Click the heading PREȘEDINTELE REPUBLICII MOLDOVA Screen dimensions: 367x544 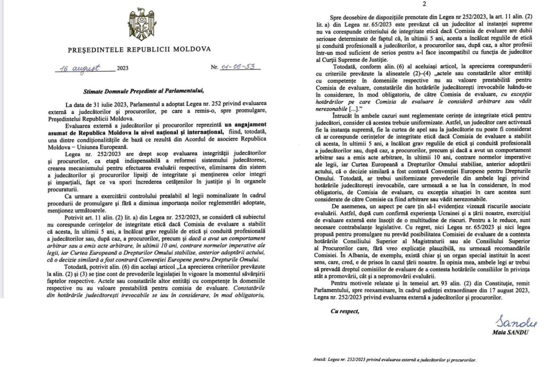tap(139, 49)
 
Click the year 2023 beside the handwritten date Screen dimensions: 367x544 tap(122, 68)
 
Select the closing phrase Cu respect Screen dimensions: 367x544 tap(345, 311)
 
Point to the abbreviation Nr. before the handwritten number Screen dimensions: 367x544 tap(215, 68)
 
